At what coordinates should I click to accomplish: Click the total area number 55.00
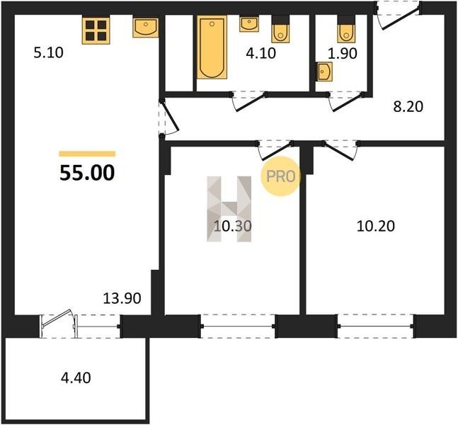87,173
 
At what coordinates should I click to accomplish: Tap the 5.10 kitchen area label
48,53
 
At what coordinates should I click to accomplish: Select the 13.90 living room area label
122,298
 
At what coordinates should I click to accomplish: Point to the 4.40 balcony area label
76,378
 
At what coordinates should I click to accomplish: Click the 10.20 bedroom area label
376,226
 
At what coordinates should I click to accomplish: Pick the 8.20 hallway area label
408,107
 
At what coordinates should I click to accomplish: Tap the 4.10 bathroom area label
261,54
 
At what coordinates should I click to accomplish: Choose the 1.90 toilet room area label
343,54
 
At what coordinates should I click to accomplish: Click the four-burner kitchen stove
96,30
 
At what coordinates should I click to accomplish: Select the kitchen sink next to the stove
145,28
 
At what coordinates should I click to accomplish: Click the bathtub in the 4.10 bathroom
212,47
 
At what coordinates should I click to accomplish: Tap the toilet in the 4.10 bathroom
280,29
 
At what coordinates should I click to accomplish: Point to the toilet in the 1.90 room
346,29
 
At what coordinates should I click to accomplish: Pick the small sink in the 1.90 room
324,71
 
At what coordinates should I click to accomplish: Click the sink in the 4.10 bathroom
249,24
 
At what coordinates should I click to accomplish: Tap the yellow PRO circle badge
280,176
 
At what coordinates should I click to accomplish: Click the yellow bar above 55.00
87,154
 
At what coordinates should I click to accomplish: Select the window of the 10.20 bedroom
376,327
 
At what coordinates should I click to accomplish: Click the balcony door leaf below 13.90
57,317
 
